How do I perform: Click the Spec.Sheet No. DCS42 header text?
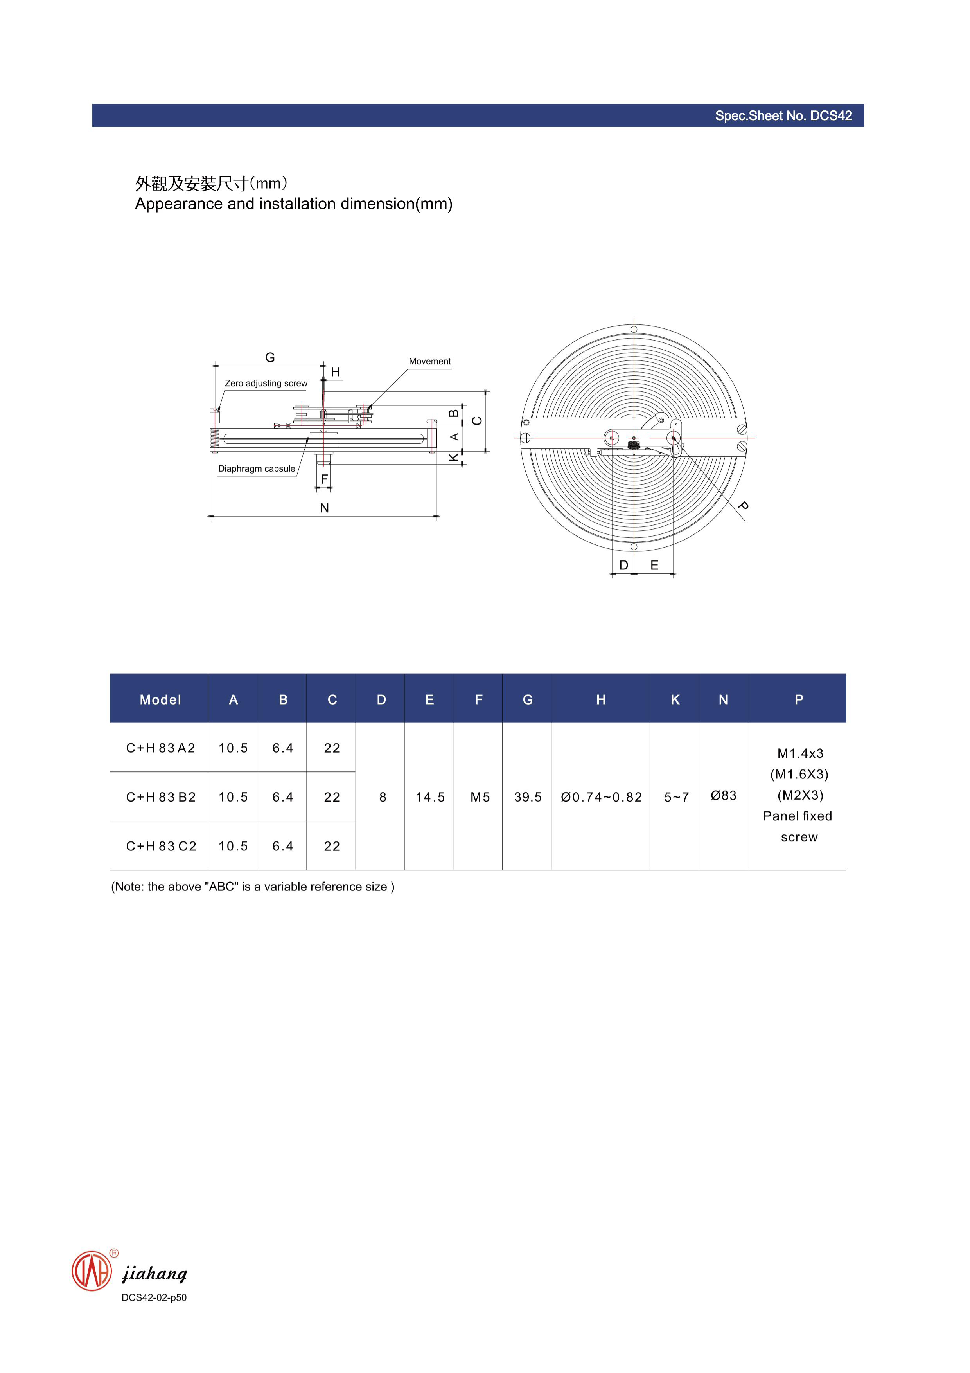[783, 115]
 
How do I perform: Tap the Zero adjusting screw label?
[266, 383]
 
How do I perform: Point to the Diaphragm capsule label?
[257, 469]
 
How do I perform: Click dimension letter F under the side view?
[324, 479]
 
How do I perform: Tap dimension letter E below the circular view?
[654, 565]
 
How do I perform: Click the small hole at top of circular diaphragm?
[634, 330]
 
